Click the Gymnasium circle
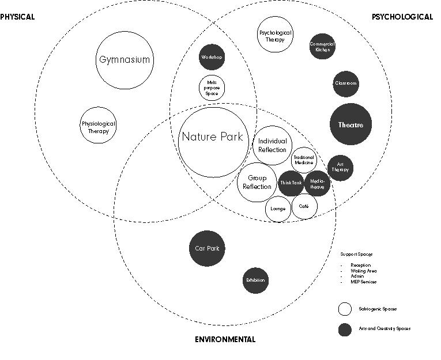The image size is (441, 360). [125, 60]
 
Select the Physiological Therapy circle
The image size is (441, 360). [97, 127]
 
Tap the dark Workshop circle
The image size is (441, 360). [212, 58]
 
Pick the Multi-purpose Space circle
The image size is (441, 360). [212, 88]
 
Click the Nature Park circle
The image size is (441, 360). [212, 137]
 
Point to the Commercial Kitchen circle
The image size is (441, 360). [322, 47]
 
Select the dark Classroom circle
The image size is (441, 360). [345, 84]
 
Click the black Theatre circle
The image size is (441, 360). [350, 125]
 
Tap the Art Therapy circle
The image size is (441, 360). [340, 168]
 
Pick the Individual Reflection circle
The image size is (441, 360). [272, 145]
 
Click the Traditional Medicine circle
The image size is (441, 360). [304, 160]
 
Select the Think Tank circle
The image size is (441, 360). [291, 183]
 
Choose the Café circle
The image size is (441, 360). [304, 206]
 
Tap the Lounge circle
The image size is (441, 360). [278, 209]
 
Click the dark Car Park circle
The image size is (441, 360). [207, 249]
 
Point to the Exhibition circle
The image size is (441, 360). [255, 281]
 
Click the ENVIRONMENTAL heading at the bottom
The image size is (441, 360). [225, 339]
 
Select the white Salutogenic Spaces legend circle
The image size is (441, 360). [345, 309]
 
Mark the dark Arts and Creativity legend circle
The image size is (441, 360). [345, 329]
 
